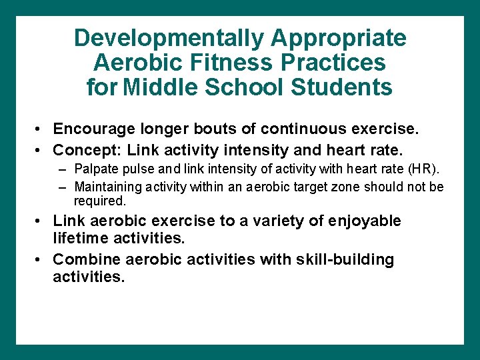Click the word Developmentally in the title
(x=169, y=38)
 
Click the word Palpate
(x=95, y=168)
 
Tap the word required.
(x=99, y=201)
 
